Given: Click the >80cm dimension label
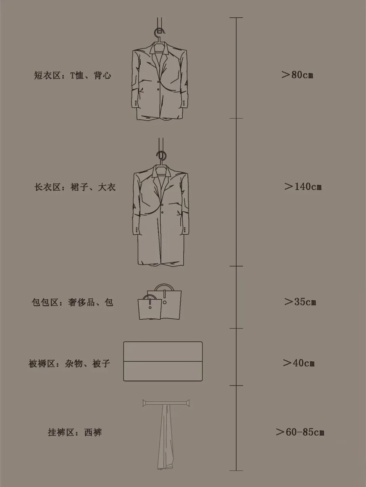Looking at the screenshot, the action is [297, 75].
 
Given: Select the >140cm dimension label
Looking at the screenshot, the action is [303, 187].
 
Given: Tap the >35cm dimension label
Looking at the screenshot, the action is [300, 302].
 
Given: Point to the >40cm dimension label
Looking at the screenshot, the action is [299, 363].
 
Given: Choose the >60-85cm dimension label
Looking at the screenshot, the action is [300, 432].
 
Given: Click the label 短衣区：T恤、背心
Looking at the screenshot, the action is [73, 76].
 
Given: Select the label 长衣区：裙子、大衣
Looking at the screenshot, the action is [75, 187].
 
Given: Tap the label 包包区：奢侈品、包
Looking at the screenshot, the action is [73, 302].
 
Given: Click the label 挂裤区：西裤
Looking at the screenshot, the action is [75, 432].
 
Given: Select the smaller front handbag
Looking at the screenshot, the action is [149, 307].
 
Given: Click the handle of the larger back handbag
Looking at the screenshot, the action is [164, 285].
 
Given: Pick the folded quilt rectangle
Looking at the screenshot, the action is [163, 361].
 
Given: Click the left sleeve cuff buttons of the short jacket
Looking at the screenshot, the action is [136, 103].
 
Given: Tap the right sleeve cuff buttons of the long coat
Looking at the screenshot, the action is [184, 230].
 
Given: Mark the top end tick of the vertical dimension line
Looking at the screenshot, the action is [236, 17].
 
